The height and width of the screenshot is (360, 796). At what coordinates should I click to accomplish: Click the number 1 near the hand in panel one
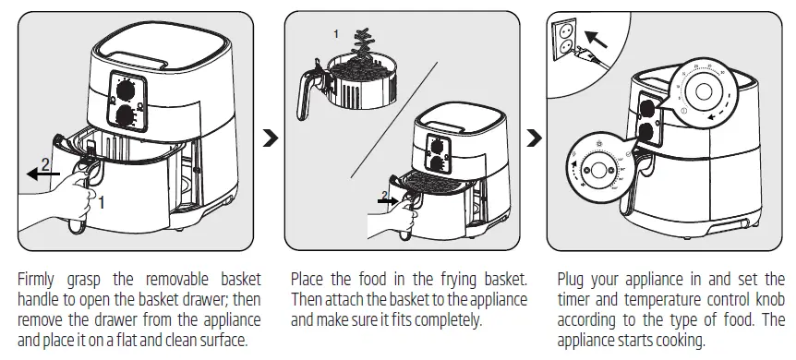coord(103,199)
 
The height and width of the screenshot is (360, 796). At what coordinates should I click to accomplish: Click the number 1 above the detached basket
coord(337,33)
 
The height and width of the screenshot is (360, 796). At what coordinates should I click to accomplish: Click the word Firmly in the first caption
coord(38,279)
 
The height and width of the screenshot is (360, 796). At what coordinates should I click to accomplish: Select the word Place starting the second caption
coord(309,279)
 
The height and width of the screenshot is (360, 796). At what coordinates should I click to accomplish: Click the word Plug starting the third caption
coord(575,279)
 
